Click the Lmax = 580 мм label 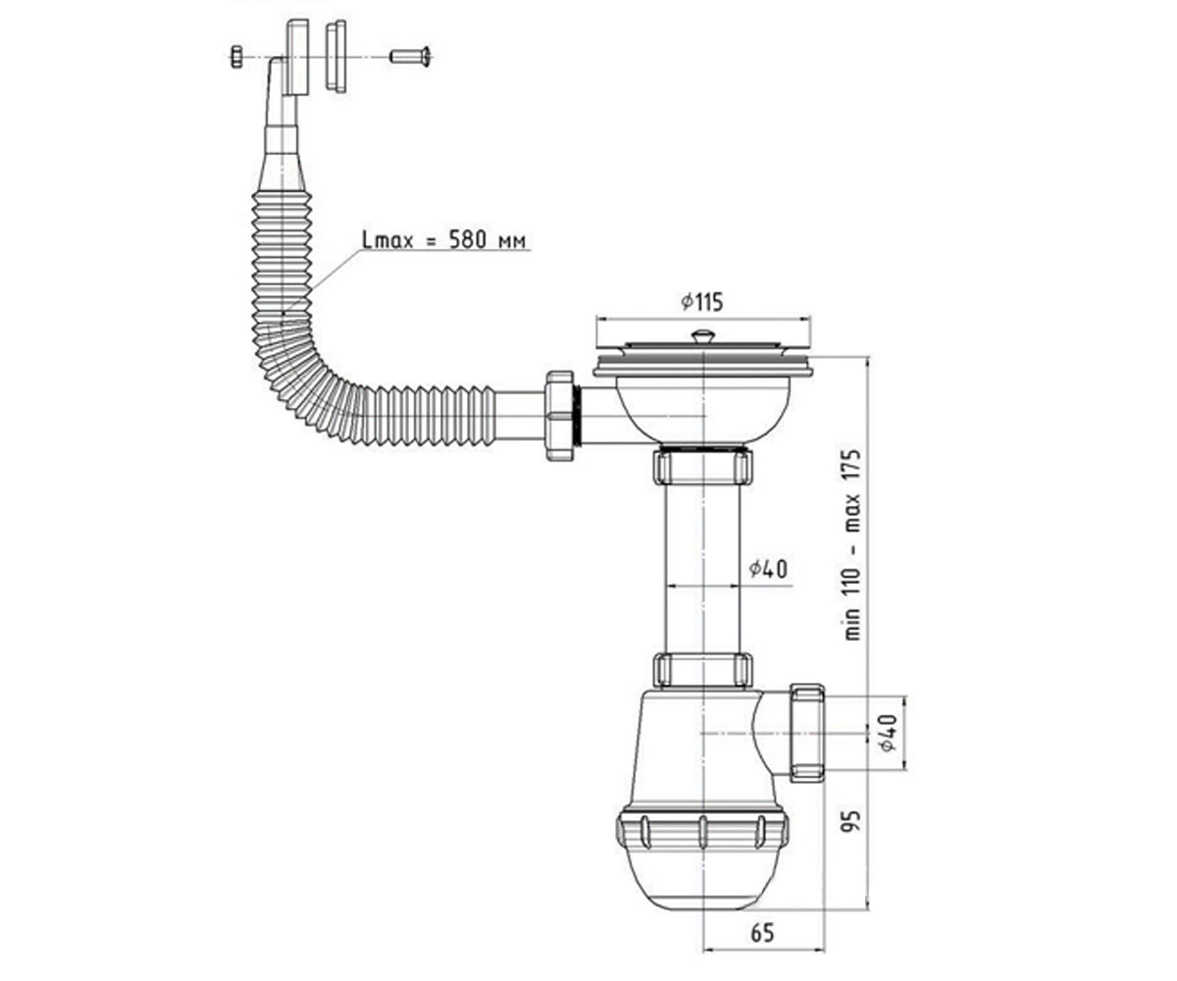pos(444,240)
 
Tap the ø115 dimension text pos(702,301)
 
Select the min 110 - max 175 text pos(853,544)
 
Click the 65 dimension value pos(762,933)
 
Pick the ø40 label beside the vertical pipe pos(768,569)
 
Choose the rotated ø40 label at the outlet pos(888,733)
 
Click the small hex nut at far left pos(236,57)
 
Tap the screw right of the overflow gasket pos(410,56)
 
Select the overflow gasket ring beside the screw pos(336,56)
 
